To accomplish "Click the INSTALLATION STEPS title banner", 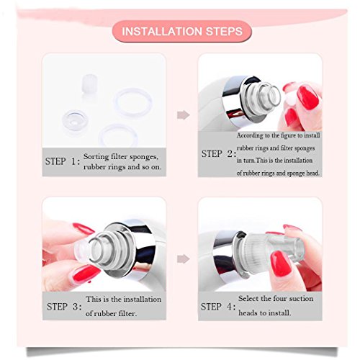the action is [181, 32].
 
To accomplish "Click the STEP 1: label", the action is [63, 161].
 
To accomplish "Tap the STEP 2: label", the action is [219, 154].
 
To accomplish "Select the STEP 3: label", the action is [64, 307].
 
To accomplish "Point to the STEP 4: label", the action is [218, 307].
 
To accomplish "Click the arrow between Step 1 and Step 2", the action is [184, 115].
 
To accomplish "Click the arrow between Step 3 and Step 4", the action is [184, 259].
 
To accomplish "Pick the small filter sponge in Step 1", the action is [89, 84].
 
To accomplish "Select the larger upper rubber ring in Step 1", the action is [132, 102].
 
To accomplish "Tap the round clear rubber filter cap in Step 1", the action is [75, 121].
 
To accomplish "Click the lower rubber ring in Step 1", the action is [118, 135].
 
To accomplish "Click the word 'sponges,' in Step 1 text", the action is [144, 158].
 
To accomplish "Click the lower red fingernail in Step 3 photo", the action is [86, 274].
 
